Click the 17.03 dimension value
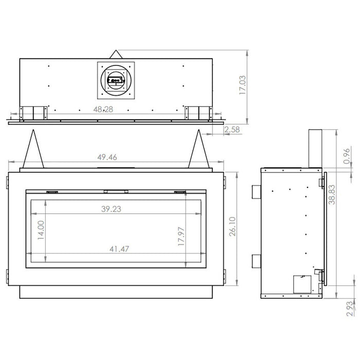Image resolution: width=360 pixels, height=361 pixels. (243, 85)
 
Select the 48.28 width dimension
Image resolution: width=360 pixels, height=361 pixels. (103, 109)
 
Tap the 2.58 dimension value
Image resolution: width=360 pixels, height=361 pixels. (232, 130)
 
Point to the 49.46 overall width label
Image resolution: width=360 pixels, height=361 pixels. (107, 157)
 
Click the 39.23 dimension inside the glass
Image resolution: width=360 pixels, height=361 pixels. (111, 209)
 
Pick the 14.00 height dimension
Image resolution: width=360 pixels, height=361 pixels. (41, 230)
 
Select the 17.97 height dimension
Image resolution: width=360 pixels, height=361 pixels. (181, 236)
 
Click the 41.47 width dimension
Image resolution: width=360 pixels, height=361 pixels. (119, 249)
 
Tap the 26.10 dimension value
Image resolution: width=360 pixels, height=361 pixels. (232, 226)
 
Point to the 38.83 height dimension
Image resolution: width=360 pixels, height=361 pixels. (332, 195)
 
